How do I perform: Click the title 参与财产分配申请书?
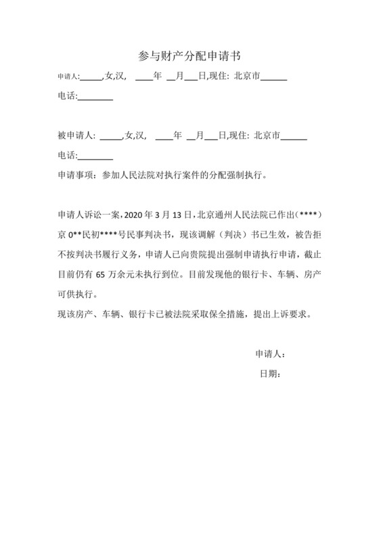coord(189,54)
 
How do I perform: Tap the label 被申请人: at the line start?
coord(76,136)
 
